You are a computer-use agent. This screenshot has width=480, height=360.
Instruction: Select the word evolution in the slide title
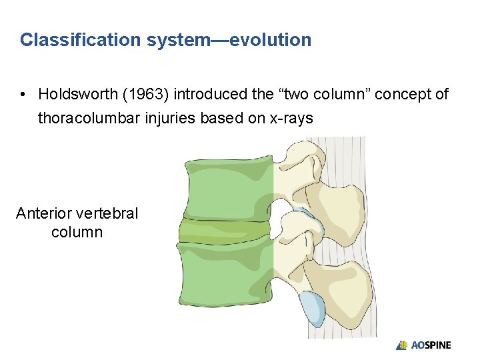point(273,40)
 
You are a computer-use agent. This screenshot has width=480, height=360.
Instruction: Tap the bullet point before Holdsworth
point(24,95)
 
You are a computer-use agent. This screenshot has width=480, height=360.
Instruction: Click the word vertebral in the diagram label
point(107,213)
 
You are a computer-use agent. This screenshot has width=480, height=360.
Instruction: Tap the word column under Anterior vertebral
point(77,232)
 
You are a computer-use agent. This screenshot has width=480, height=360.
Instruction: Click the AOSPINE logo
point(423,345)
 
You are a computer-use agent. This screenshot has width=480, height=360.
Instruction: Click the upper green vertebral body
point(227,187)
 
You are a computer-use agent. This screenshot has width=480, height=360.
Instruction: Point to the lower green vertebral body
point(227,277)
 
